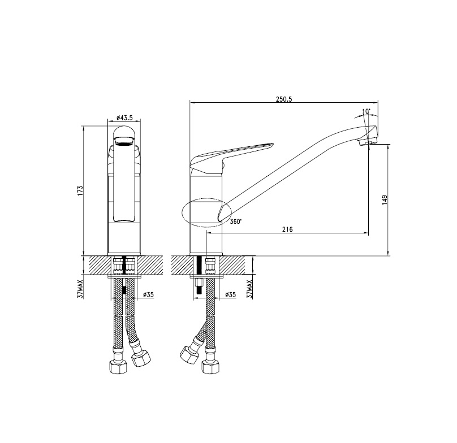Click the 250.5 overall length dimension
point(284,99)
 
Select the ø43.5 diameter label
point(124,118)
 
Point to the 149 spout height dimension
point(385,200)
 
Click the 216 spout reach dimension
point(287,229)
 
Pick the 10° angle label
point(366,111)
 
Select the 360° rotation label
point(236,221)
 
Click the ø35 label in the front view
point(148,295)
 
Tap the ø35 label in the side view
point(231,295)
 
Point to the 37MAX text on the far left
point(80,289)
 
